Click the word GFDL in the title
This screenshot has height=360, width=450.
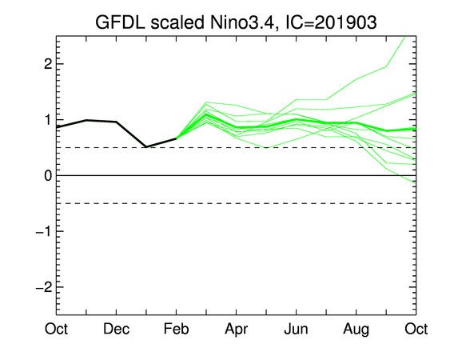click(120, 22)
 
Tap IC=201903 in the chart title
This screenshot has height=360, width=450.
click(331, 22)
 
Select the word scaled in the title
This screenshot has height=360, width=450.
click(177, 22)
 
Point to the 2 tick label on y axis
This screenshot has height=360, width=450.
click(48, 64)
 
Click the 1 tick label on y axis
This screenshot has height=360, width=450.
click(49, 120)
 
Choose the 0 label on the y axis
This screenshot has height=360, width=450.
click(48, 175)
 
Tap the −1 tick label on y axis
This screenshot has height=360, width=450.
click(44, 231)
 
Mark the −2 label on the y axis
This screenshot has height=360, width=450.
click(44, 287)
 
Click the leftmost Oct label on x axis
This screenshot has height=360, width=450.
click(56, 329)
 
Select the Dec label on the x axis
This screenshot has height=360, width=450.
click(116, 329)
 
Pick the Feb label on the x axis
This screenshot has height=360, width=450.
click(176, 329)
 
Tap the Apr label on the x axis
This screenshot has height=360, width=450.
click(237, 330)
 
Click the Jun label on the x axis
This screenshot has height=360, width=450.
click(297, 329)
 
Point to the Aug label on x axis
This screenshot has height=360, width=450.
click(356, 330)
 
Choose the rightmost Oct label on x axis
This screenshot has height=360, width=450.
click(416, 329)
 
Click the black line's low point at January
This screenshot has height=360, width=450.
click(146, 147)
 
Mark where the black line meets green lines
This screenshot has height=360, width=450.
click(176, 138)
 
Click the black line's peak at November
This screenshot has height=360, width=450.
click(86, 120)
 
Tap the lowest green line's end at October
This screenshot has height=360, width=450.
click(416, 183)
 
